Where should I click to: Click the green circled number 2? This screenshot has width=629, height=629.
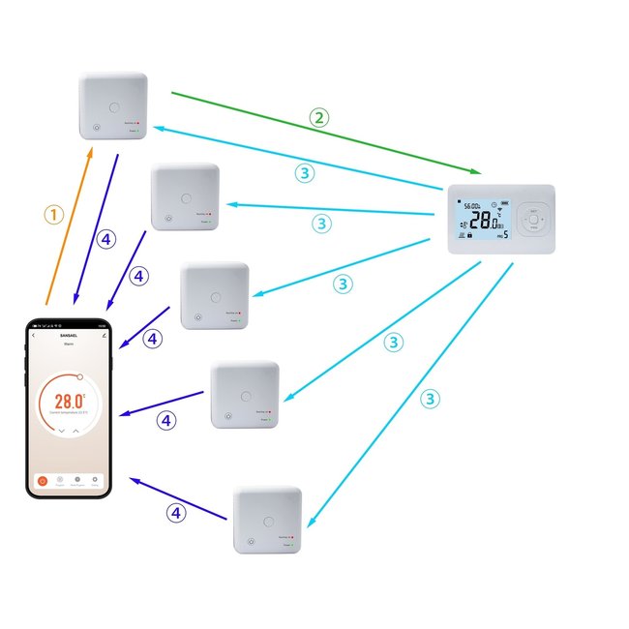coord(318,118)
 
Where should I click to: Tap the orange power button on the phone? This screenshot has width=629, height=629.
coord(43,479)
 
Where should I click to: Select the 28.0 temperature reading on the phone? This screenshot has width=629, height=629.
coord(68,401)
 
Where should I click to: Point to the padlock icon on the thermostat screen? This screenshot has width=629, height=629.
coord(469,235)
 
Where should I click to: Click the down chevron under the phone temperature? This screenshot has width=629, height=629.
coord(60,430)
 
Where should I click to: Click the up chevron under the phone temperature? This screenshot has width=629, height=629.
coord(75,430)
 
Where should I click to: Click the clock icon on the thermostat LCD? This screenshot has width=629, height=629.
coord(494,204)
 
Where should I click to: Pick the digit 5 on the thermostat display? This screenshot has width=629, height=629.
coord(505,234)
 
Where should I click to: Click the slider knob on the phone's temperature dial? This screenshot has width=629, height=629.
coord(80,376)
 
